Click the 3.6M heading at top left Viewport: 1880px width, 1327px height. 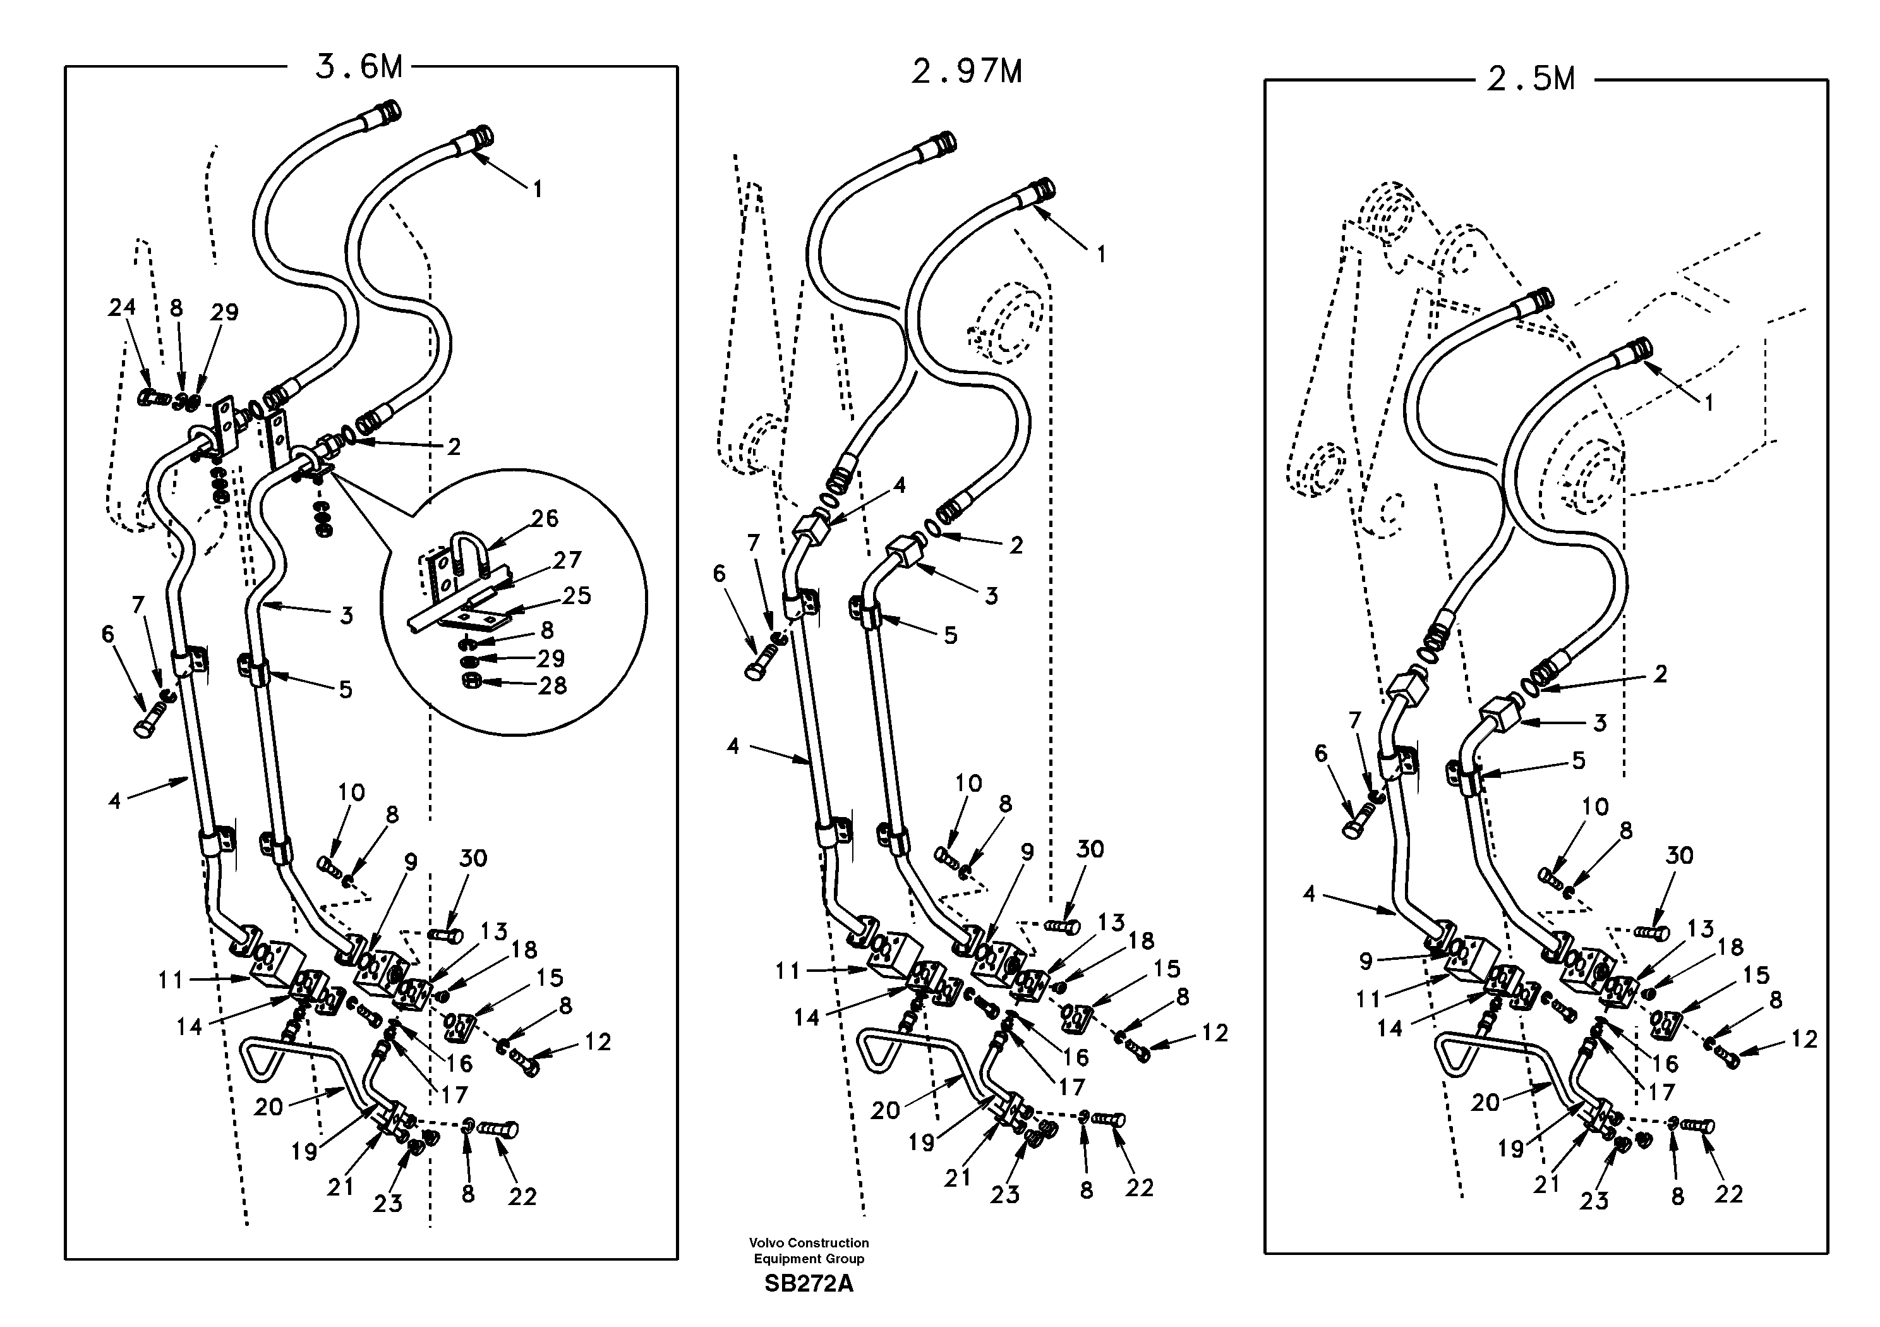point(359,67)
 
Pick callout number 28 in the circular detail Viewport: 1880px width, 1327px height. point(553,685)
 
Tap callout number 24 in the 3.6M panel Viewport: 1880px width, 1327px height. point(122,307)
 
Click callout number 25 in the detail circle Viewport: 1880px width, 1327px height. point(577,595)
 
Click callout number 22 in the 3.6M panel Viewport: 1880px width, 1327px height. point(522,1197)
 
